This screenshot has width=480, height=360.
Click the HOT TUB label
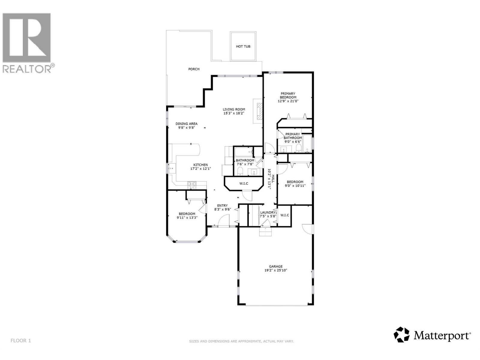coord(243,46)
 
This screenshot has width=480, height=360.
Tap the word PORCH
coord(194,69)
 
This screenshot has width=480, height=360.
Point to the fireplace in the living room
coord(258,111)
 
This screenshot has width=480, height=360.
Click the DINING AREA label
coord(186,124)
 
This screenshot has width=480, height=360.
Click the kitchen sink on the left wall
coord(172,169)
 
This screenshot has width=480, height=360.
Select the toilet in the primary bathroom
coord(298,148)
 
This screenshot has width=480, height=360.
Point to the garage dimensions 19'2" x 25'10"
coord(276,270)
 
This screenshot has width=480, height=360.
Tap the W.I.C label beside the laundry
coord(284,215)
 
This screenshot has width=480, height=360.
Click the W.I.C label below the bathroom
coord(244,183)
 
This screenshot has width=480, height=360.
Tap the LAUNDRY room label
coord(268,212)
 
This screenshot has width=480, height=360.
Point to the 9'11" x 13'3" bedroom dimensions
coord(187,218)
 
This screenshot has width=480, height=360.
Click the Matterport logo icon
coord(401,334)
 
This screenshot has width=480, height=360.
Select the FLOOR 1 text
coord(21,340)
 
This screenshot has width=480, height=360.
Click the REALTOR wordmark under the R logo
coord(27,69)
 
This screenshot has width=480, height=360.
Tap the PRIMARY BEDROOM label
coord(288,95)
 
